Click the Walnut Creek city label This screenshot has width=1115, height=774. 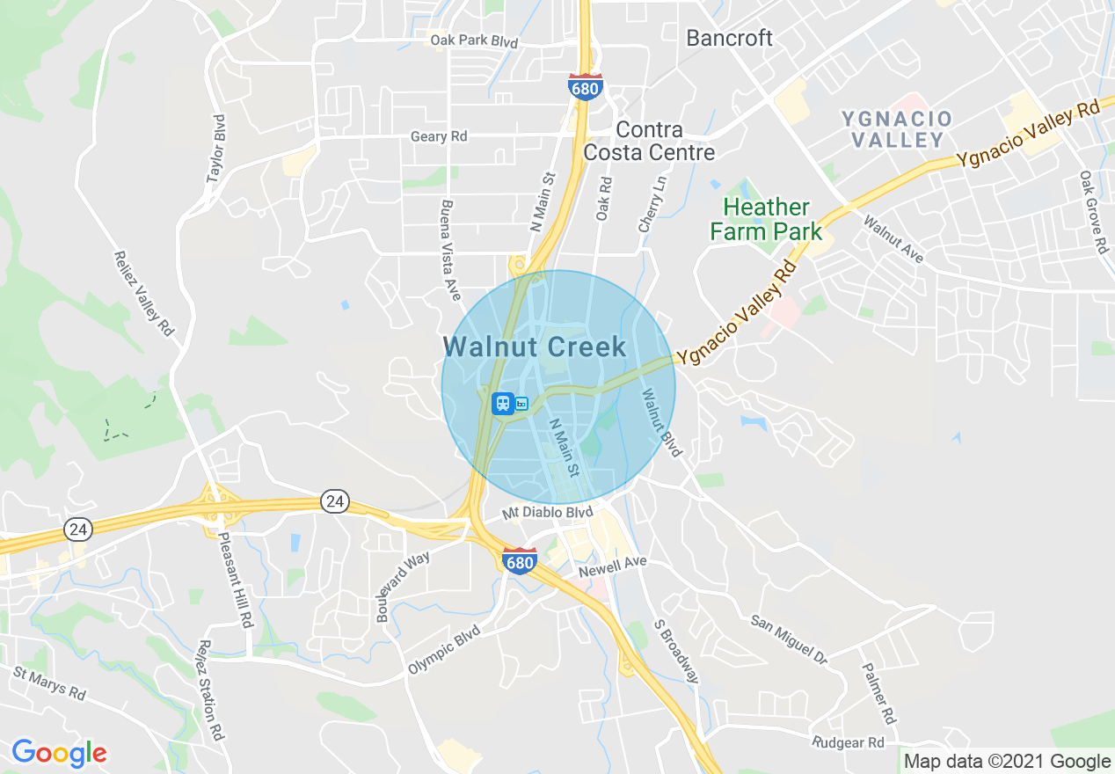tap(535, 347)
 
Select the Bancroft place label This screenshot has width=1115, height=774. tap(729, 38)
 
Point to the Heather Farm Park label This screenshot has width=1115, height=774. tap(766, 220)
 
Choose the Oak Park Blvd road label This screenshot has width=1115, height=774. tap(473, 41)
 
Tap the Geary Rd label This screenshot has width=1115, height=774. tap(439, 136)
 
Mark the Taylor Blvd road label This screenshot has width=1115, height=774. tap(216, 149)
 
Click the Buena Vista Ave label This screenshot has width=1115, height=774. tap(449, 250)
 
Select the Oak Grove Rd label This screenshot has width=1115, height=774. tap(1093, 212)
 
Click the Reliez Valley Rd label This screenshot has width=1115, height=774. tap(144, 293)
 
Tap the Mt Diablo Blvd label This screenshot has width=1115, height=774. tap(547, 512)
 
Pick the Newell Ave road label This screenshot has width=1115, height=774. tap(612, 567)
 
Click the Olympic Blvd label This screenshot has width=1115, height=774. tap(444, 650)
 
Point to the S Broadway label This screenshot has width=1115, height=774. tap(676, 652)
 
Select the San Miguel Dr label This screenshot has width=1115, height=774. tap(789, 639)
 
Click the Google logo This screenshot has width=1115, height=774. tap(59, 753)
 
